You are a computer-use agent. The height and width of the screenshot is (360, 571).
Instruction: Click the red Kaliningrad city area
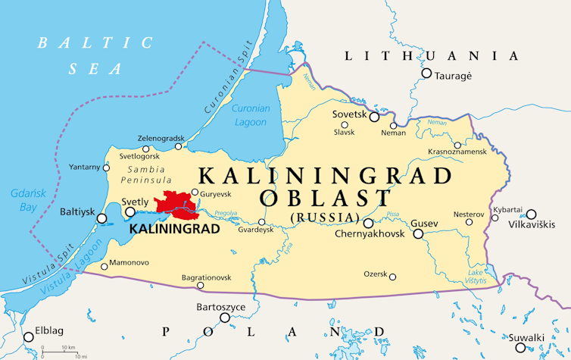point(173,203)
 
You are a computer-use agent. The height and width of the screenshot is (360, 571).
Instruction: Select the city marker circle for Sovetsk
point(374,117)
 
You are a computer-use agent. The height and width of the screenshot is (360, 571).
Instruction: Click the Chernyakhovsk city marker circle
point(368,224)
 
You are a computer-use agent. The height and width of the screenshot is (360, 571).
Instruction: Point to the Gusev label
point(424,224)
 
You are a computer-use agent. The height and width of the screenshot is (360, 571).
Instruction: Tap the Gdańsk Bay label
point(22,200)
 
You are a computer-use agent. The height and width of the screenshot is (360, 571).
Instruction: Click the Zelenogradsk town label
point(161,139)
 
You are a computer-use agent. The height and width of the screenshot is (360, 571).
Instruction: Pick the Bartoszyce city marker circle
point(225,318)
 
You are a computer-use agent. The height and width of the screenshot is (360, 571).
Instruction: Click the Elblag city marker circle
point(29,337)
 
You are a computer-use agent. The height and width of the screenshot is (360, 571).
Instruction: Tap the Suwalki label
point(546,338)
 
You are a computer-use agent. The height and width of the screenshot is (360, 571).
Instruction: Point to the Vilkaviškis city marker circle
point(532,214)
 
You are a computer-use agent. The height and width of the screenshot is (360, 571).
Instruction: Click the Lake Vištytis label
point(476,277)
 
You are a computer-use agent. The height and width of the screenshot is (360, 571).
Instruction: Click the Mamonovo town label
point(130,263)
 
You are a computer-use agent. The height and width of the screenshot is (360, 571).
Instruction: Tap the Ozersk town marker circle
point(393,277)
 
